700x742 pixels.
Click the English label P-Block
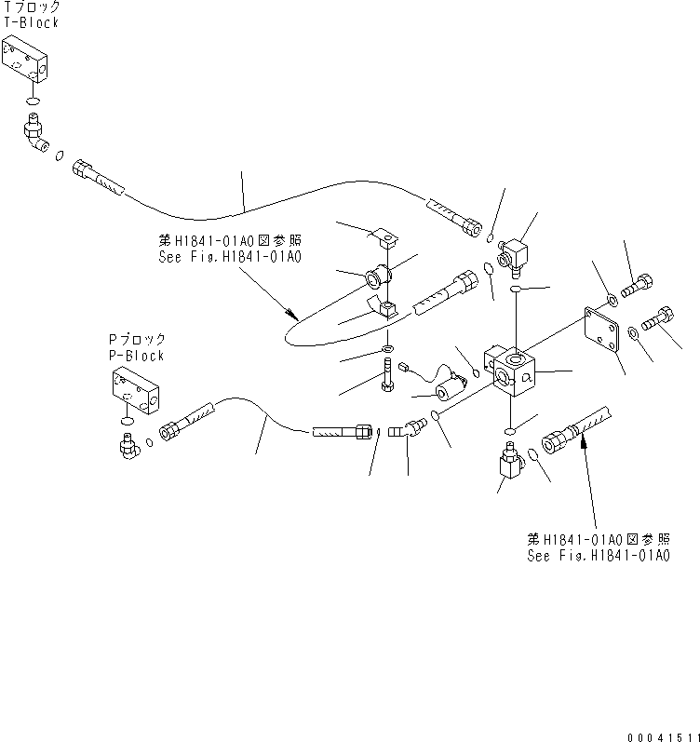tap(137, 356)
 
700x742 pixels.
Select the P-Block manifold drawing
tap(137, 389)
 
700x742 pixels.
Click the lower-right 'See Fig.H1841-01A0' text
tap(598, 556)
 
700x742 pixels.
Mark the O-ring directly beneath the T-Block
tap(32, 102)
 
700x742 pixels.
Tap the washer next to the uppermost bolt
tap(610, 299)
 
